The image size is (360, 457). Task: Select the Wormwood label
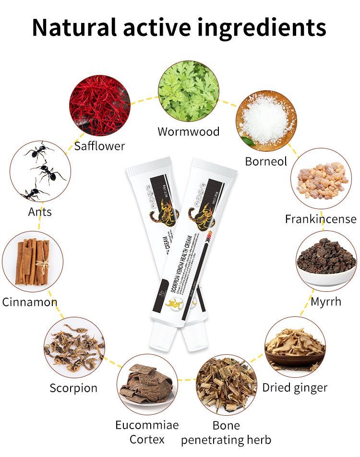click(x=189, y=131)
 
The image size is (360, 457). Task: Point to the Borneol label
click(x=266, y=161)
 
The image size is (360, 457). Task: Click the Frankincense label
click(x=321, y=219)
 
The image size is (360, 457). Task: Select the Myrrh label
click(x=326, y=302)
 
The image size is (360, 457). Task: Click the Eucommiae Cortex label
click(x=147, y=432)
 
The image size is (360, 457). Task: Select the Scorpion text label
click(x=73, y=387)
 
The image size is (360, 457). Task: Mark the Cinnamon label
click(x=30, y=302)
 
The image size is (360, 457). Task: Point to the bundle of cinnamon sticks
click(x=33, y=262)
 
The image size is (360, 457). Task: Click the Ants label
click(x=40, y=211)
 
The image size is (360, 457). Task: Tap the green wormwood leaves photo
click(x=189, y=91)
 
